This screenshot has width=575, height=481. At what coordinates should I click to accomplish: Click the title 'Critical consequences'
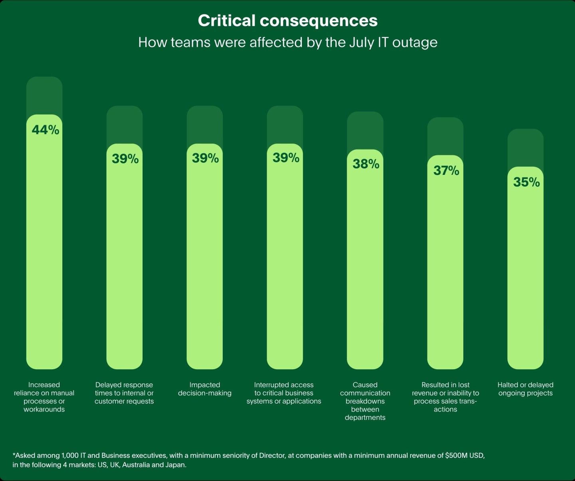(x=287, y=21)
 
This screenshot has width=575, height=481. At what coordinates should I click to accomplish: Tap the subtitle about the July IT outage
(x=287, y=42)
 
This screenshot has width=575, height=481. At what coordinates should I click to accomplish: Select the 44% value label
(x=46, y=130)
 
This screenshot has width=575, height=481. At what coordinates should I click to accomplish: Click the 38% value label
(x=366, y=164)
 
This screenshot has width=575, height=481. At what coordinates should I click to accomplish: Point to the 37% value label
(x=446, y=170)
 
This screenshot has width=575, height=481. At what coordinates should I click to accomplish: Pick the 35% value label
(x=526, y=182)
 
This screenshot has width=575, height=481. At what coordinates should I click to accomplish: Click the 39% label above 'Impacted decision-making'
(x=205, y=158)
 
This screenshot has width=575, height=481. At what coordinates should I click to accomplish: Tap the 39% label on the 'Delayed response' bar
(x=125, y=158)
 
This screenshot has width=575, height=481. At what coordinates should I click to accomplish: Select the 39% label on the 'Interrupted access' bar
(x=286, y=158)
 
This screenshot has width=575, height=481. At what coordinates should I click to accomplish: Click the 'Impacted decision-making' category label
(x=204, y=389)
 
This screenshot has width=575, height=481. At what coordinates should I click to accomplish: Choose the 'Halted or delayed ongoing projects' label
(x=525, y=389)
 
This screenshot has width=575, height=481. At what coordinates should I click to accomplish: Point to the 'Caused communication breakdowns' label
(x=365, y=401)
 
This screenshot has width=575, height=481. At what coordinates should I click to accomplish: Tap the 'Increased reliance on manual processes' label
(x=44, y=397)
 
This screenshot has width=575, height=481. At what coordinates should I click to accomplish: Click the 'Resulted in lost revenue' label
(x=445, y=397)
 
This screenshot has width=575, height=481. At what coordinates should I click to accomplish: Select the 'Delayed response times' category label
(x=124, y=393)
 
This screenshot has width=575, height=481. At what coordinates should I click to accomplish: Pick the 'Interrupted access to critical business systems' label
(x=284, y=393)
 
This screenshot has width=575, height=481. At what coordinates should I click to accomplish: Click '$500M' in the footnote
(x=455, y=455)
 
